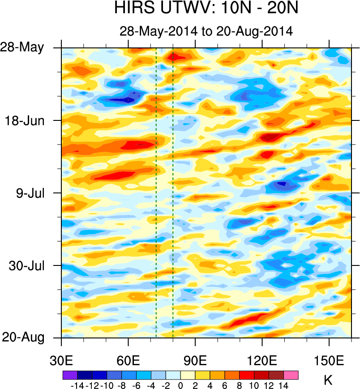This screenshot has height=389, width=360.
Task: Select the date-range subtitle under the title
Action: [x=206, y=31]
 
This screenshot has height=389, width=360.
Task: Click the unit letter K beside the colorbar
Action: [x=328, y=380]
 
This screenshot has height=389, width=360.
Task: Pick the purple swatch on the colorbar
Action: [x=70, y=375]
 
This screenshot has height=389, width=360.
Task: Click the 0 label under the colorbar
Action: [x=180, y=385]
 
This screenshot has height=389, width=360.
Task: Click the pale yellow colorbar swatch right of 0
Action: [x=188, y=375]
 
